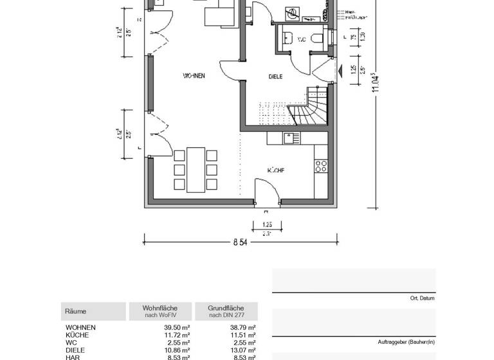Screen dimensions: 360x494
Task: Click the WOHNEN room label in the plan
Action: pyautogui.click(x=194, y=76)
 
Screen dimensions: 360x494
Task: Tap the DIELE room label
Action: pyautogui.click(x=275, y=77)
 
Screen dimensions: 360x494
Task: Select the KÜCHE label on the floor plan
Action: pyautogui.click(x=276, y=170)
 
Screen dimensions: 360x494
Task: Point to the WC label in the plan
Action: pyautogui.click(x=301, y=40)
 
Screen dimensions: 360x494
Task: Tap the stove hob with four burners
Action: pyautogui.click(x=320, y=166)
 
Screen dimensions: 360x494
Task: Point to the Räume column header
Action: pyautogui.click(x=76, y=312)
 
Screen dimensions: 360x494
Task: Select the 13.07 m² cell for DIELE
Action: pyautogui.click(x=242, y=350)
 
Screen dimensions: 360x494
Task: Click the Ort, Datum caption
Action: pyautogui.click(x=422, y=298)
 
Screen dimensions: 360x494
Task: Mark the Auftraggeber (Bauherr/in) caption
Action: pyautogui.click(x=406, y=341)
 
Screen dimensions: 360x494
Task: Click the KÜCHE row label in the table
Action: pyautogui.click(x=77, y=335)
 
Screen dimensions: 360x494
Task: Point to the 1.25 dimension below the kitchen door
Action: pyautogui.click(x=267, y=224)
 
